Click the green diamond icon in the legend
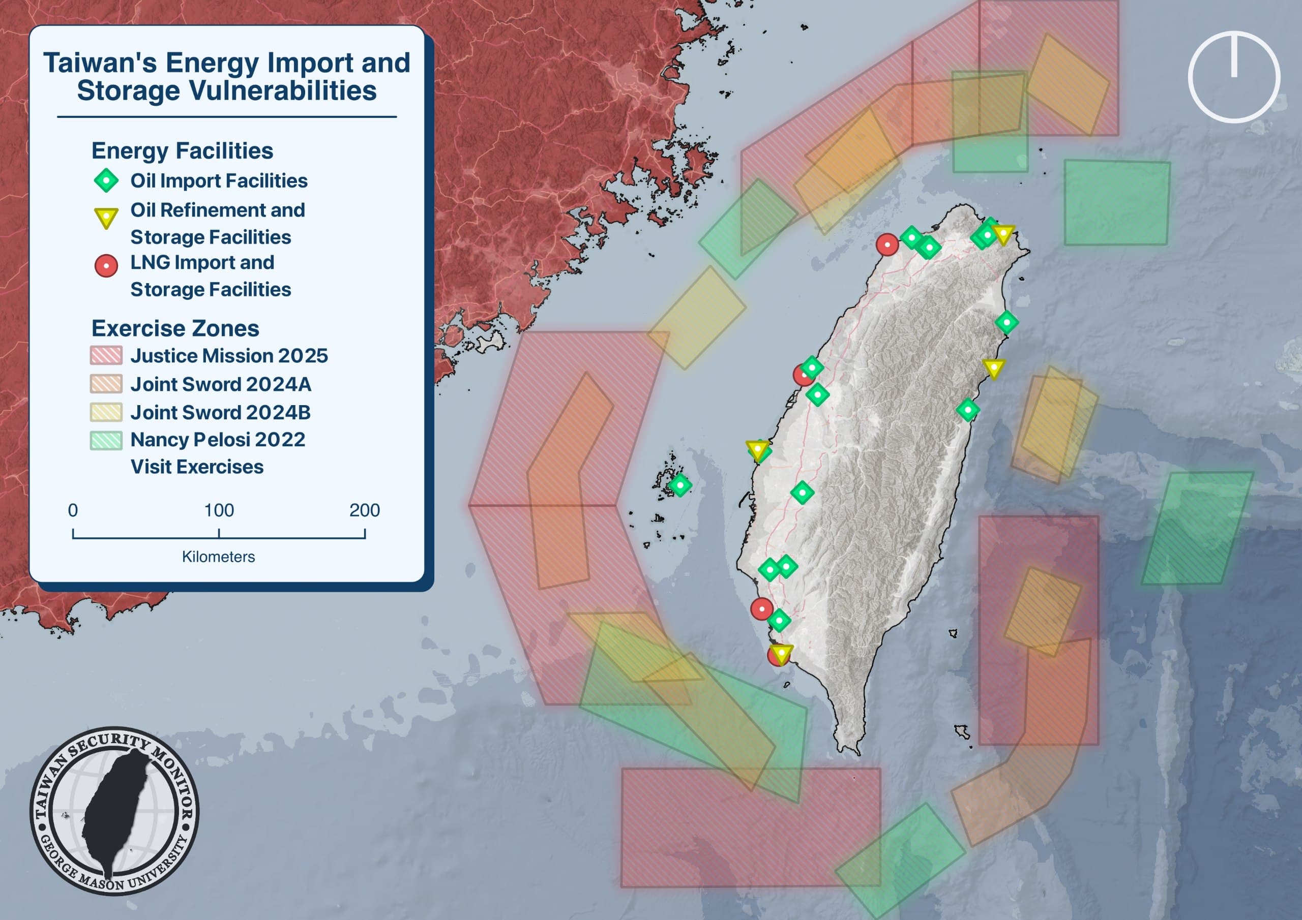pyautogui.click(x=106, y=181)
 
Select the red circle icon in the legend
pyautogui.click(x=106, y=265)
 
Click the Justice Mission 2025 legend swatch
pyautogui.click(x=106, y=355)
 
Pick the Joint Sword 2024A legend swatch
pyautogui.click(x=106, y=384)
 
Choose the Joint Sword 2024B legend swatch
pyautogui.click(x=106, y=412)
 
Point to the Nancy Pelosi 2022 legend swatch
pyautogui.click(x=106, y=440)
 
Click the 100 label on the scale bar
pyautogui.click(x=219, y=510)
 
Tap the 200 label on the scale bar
pyautogui.click(x=365, y=510)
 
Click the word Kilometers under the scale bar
pyautogui.click(x=218, y=557)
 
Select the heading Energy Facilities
pyautogui.click(x=182, y=151)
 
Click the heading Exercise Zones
pyautogui.click(x=175, y=328)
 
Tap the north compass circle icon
pyautogui.click(x=1234, y=77)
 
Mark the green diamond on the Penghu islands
pyautogui.click(x=680, y=485)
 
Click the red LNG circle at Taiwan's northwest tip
pyautogui.click(x=887, y=244)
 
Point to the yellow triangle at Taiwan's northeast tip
pyautogui.click(x=1003, y=234)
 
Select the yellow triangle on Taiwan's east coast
pyautogui.click(x=993, y=368)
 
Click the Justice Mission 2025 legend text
pyautogui.click(x=229, y=355)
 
